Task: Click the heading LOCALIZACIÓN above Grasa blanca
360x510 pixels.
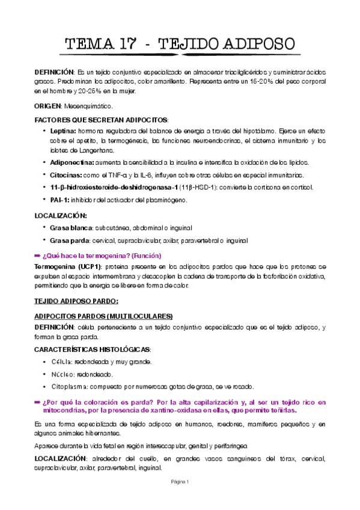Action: click(61, 215)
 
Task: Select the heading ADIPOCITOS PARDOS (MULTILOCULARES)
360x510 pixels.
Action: click(103, 316)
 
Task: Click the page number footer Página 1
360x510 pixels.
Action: click(180, 482)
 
